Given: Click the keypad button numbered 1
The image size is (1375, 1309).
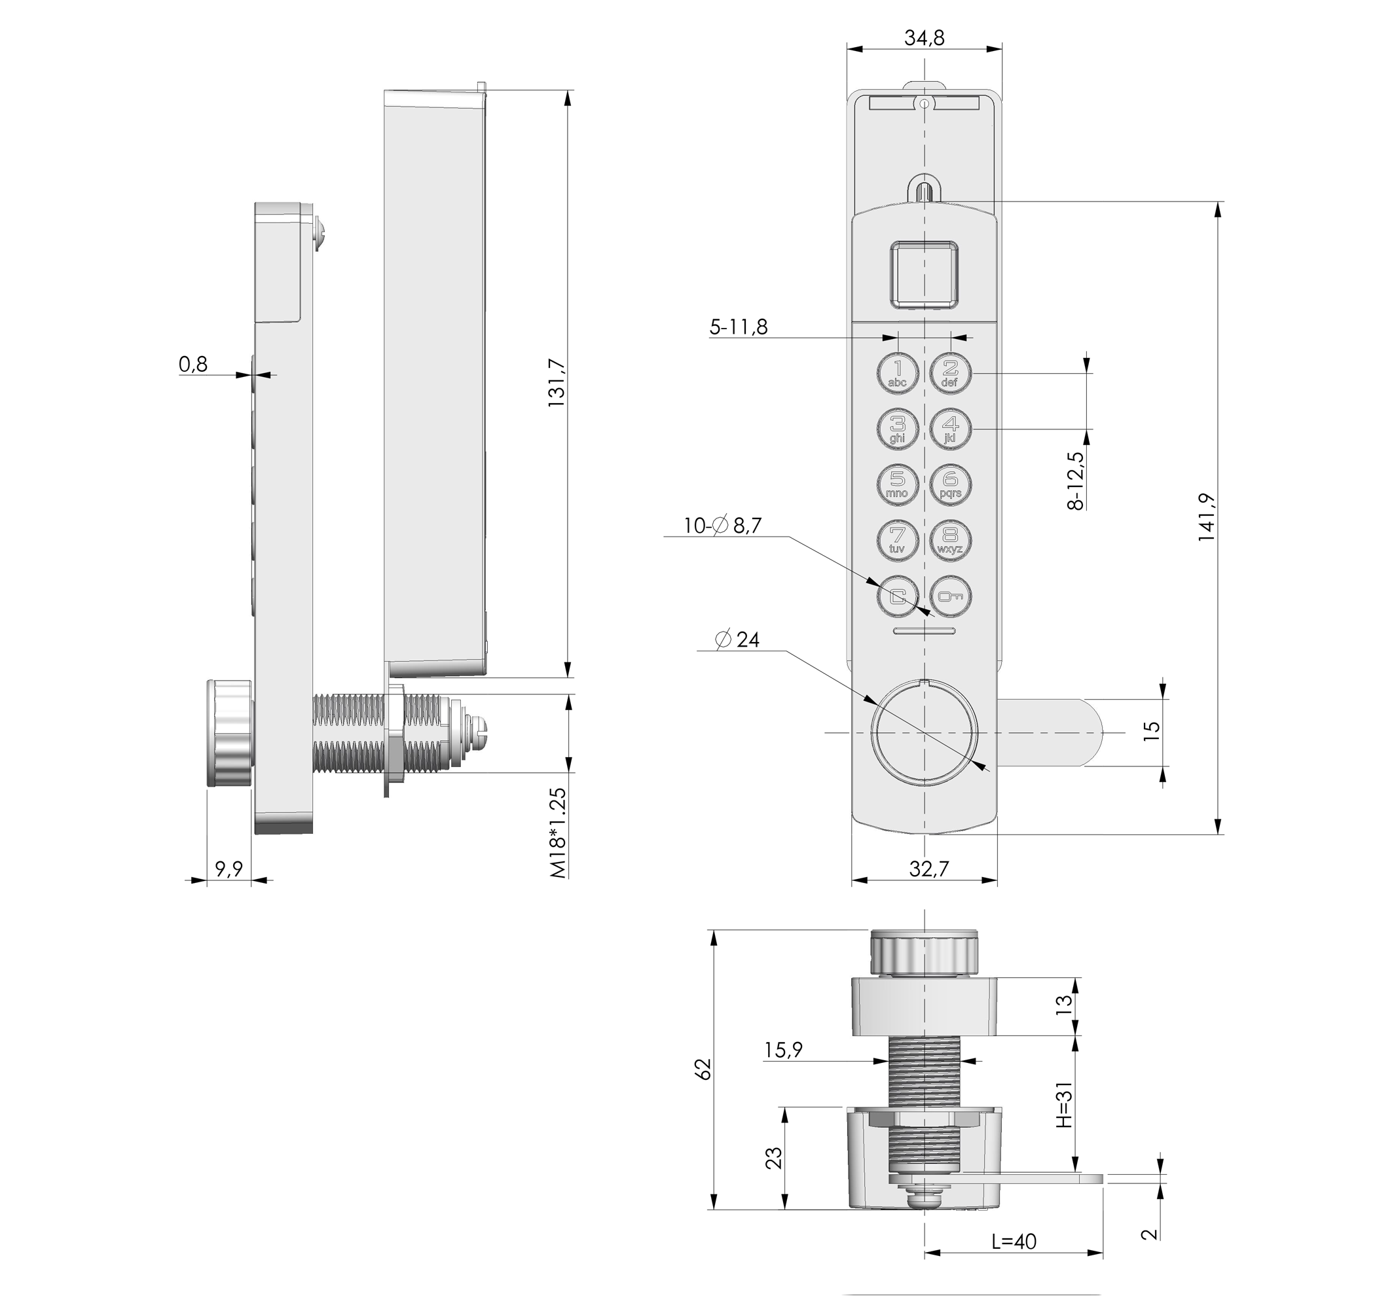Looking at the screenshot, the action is [898, 373].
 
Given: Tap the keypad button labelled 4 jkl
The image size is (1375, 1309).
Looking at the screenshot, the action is [950, 429].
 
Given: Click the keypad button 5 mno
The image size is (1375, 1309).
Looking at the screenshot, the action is [898, 485].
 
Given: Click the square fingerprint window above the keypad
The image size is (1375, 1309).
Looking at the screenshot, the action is [924, 274].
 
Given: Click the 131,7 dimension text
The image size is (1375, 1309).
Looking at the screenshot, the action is [557, 383].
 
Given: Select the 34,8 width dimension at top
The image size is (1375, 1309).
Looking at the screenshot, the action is [924, 38].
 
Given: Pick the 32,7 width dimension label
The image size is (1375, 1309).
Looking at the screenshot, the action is [929, 869].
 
